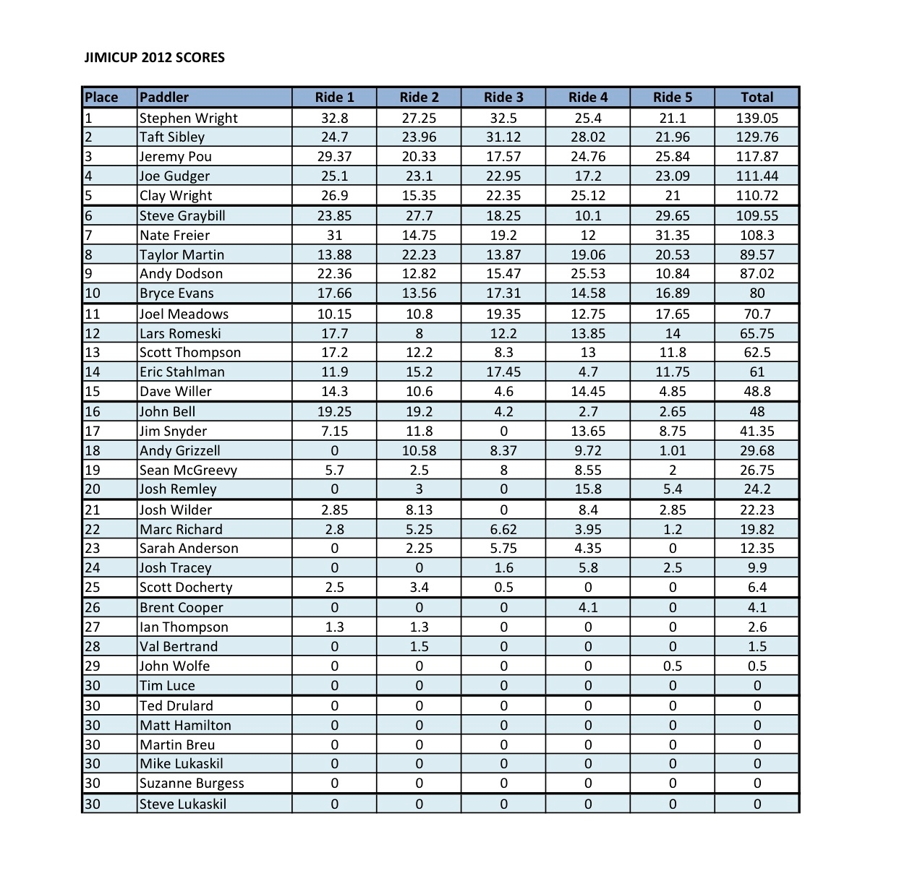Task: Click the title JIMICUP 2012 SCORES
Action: coord(155,58)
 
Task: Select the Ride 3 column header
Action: coord(503,98)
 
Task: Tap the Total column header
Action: coord(757,98)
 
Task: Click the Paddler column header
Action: coord(164,98)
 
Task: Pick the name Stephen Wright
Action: coord(188,118)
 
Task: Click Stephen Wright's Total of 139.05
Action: coord(757,118)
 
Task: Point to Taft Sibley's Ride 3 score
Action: coord(503,137)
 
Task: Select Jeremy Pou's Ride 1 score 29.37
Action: coord(334,157)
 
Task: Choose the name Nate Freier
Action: coord(174,236)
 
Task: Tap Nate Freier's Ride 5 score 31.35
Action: coord(672,236)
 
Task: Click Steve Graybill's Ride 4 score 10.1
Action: coord(588,216)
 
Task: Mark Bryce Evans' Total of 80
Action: coord(757,293)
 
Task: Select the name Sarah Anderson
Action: coord(189,549)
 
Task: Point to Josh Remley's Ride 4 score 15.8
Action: coord(588,489)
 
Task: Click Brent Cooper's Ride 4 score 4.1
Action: coord(588,608)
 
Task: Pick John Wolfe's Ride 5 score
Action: coord(672,666)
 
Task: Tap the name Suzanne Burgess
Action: coord(192,783)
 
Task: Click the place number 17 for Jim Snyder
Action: coord(93,431)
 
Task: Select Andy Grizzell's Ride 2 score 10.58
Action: coord(419,451)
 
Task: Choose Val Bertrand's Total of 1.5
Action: coord(757,647)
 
